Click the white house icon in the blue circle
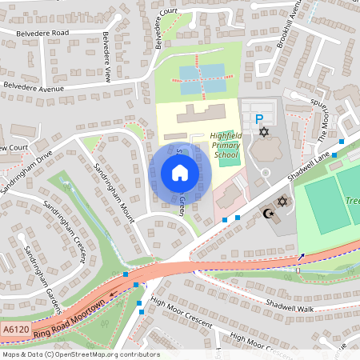tap(180, 173)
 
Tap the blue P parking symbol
tap(258, 119)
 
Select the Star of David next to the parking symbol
tap(263, 132)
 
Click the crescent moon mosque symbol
tap(269, 214)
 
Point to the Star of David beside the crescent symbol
tap(282, 202)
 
